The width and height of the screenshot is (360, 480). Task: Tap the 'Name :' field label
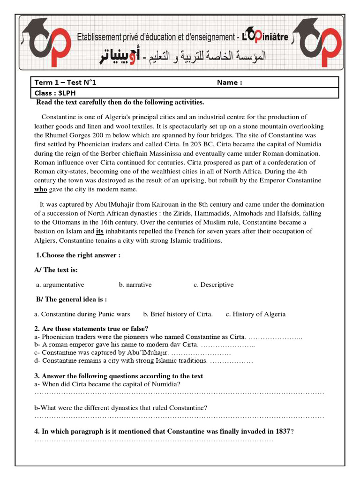click(x=229, y=83)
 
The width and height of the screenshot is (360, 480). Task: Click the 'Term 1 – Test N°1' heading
click(x=65, y=83)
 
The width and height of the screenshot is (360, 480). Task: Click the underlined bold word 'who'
click(x=41, y=189)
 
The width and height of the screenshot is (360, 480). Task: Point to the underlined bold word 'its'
click(x=100, y=231)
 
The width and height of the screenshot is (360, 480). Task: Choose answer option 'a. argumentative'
click(x=60, y=285)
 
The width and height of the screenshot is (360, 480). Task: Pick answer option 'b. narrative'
click(x=135, y=285)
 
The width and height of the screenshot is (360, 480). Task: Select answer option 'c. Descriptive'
click(x=213, y=285)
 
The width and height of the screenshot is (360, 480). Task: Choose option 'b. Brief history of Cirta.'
click(x=178, y=314)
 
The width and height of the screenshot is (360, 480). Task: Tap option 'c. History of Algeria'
click(x=255, y=314)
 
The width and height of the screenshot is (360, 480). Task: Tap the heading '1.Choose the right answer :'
click(x=78, y=255)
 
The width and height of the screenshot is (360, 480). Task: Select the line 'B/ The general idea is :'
click(x=71, y=300)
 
